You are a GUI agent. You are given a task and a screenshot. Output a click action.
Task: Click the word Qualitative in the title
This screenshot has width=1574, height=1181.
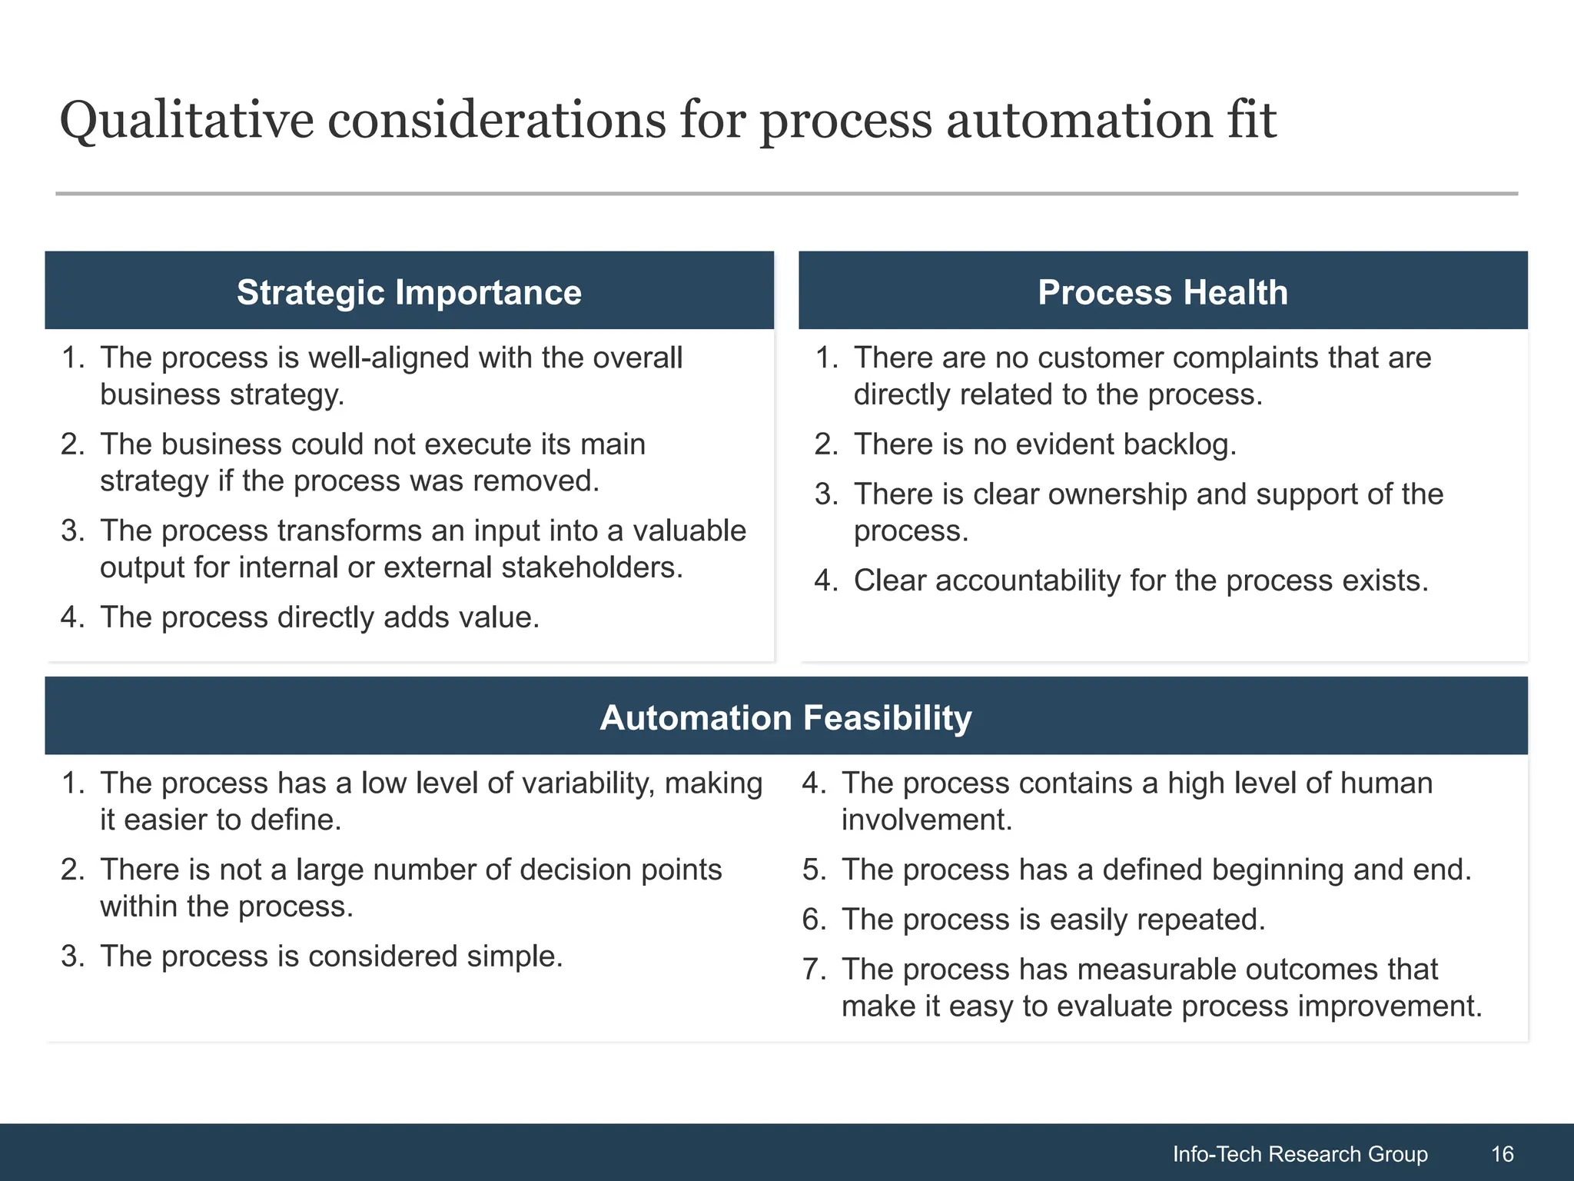187,121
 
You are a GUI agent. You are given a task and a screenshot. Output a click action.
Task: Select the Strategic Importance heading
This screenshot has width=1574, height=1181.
409,292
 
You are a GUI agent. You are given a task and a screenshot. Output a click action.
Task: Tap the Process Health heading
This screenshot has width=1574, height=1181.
1162,292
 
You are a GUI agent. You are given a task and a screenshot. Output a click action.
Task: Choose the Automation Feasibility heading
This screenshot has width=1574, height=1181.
785,717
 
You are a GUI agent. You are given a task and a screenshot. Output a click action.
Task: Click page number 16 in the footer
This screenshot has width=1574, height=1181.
1502,1154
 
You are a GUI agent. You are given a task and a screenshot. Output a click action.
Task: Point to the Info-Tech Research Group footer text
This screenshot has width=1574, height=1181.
1300,1154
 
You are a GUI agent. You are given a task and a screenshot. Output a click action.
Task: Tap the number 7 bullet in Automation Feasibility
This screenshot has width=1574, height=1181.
813,970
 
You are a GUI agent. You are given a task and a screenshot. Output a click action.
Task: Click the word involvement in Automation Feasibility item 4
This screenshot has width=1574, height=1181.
926,820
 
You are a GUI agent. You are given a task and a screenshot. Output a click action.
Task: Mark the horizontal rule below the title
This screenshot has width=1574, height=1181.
786,194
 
